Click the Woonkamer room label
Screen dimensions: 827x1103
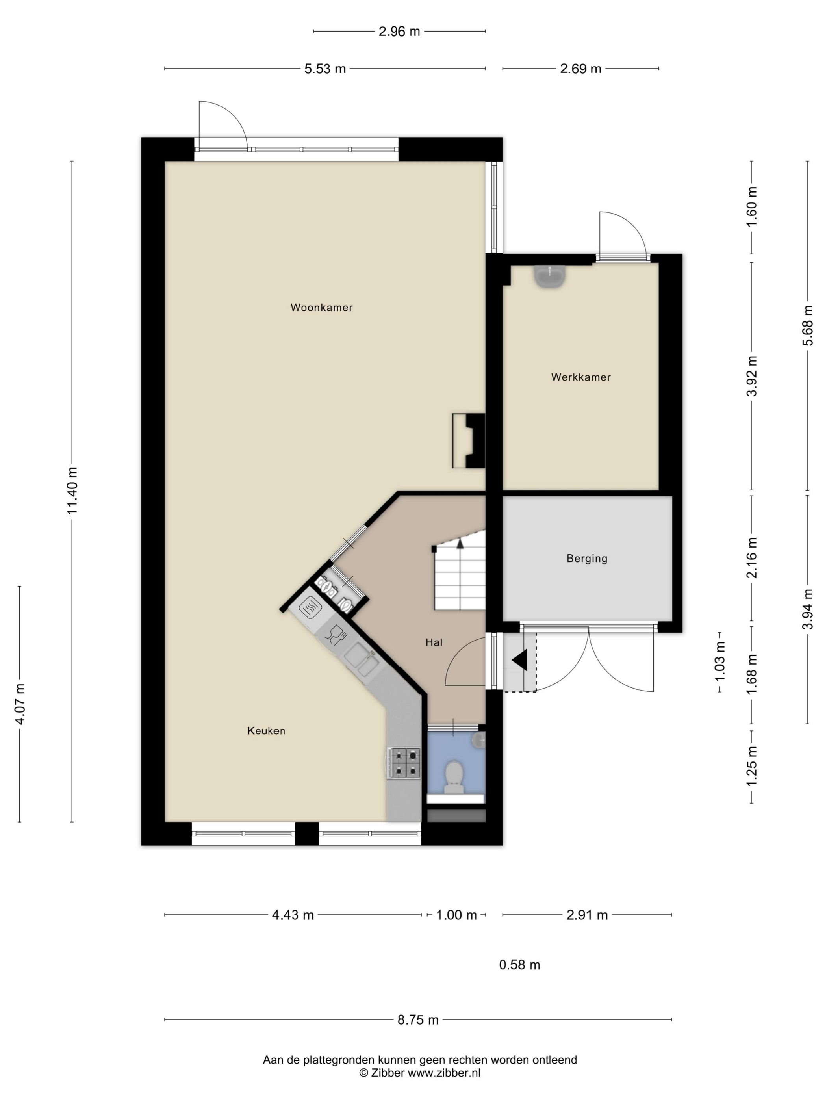click(321, 308)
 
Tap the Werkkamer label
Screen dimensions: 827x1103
click(581, 377)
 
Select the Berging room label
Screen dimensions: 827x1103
click(587, 559)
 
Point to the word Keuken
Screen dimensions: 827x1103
click(266, 731)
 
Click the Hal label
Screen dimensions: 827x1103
click(434, 642)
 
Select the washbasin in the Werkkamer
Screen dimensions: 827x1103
click(549, 277)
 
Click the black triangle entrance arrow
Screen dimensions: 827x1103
click(519, 660)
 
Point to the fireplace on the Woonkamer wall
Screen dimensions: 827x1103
click(469, 441)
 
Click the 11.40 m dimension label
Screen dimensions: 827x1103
click(73, 491)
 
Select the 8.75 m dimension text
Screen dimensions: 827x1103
click(418, 1020)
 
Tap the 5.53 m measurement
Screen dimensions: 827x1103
click(325, 69)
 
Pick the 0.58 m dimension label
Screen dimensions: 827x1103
click(519, 965)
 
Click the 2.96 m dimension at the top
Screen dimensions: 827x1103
click(399, 32)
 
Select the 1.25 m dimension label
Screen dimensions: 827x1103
click(752, 767)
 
